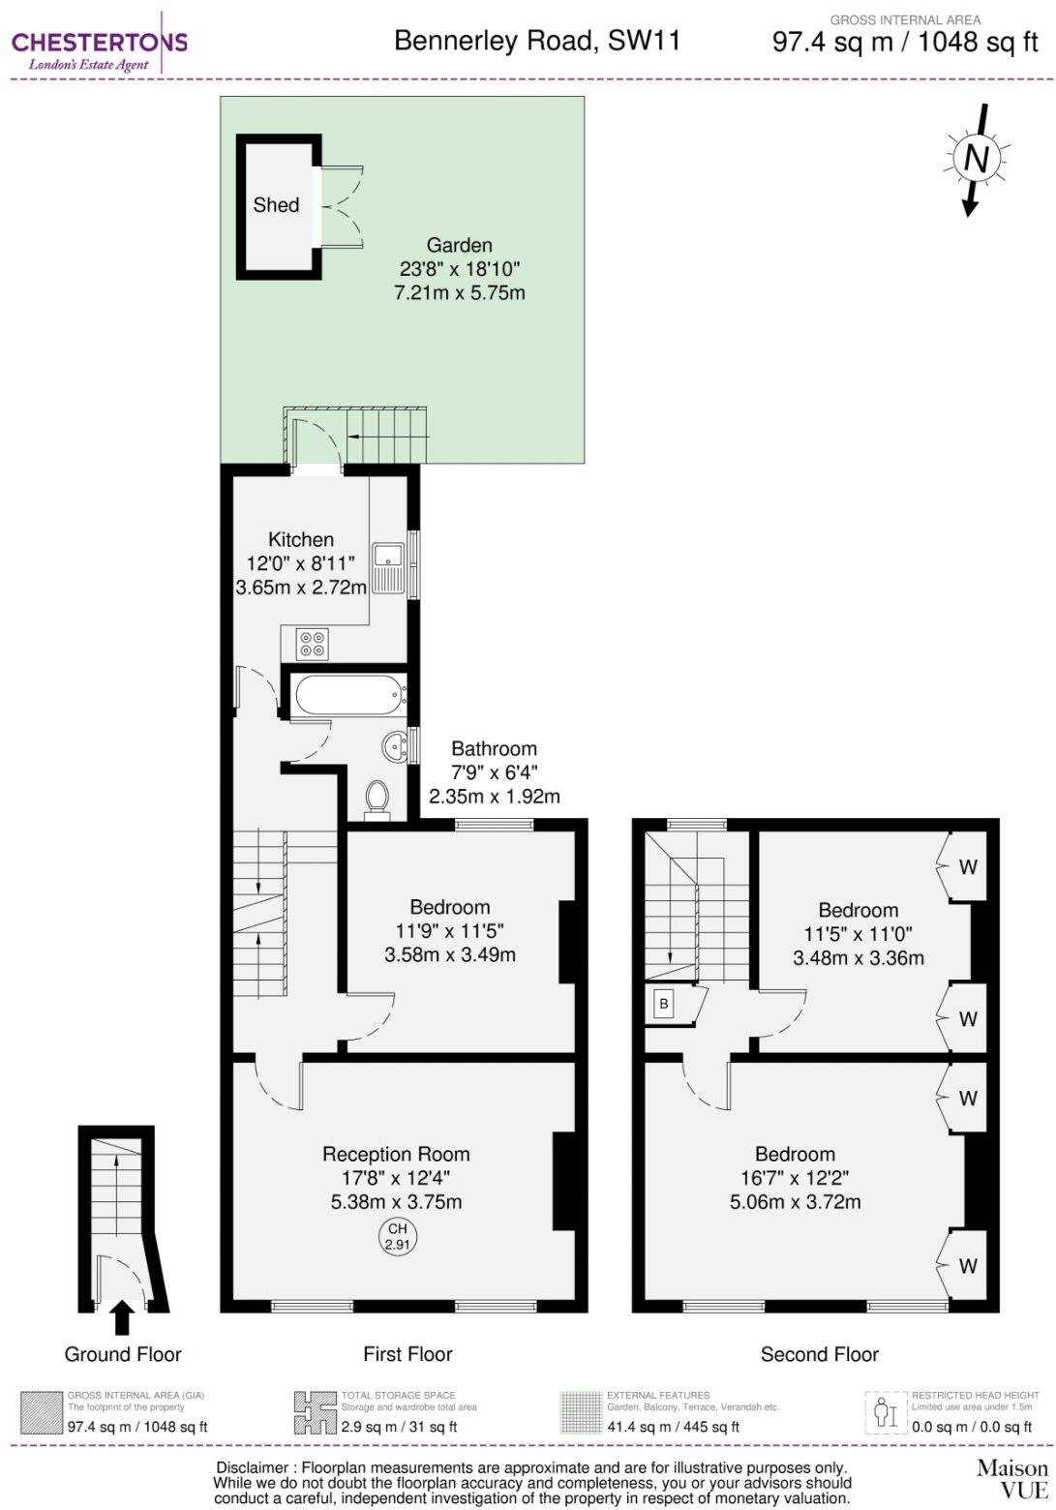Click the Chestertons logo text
tap(99, 42)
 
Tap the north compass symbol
tap(976, 158)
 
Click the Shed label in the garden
tap(276, 205)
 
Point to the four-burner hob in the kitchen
tap(313, 644)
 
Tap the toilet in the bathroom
tap(377, 798)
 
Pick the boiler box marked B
tap(664, 1004)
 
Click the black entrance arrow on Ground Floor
tap(122, 1317)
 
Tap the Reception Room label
tap(396, 1154)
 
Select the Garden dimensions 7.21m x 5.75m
tap(460, 292)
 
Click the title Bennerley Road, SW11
tap(537, 41)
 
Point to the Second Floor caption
tap(819, 1354)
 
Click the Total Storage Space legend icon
tap(315, 1413)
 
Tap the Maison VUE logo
tap(1011, 1479)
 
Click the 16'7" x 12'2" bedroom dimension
tap(795, 1178)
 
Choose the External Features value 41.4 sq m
tap(673, 1427)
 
